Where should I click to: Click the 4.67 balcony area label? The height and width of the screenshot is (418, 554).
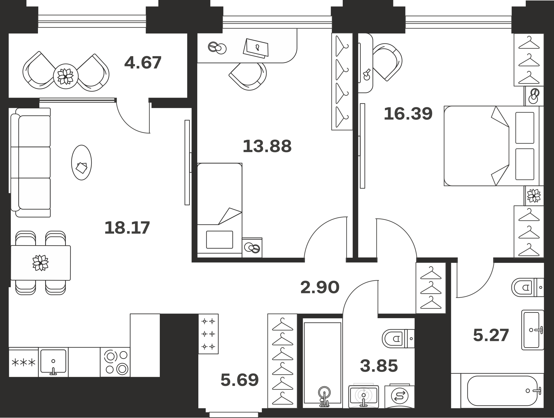point(143,63)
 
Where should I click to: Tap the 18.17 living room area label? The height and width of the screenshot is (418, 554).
point(127,228)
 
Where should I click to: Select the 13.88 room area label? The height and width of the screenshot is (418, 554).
point(267,146)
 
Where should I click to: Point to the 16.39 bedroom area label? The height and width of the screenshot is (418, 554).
point(408,114)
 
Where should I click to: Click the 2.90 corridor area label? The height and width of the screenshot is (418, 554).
point(320,287)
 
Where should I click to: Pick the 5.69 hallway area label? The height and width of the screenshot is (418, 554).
point(240,380)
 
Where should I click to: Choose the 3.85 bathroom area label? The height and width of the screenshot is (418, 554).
point(379,365)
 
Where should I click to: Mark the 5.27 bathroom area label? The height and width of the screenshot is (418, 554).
point(491,335)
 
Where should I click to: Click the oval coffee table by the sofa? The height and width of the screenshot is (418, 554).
point(81,163)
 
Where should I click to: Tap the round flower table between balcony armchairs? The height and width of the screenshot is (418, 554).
point(66,76)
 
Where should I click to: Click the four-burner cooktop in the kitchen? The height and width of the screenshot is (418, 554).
point(115,362)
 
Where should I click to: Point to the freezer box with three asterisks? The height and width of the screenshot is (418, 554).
point(24,362)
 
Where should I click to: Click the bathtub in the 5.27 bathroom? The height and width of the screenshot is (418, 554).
point(502,391)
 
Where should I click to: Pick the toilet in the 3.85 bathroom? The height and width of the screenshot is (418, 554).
point(398,338)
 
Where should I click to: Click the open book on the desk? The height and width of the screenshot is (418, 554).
point(256,48)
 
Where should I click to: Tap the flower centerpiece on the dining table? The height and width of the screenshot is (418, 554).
point(40,263)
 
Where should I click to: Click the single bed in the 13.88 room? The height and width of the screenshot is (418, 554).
point(220,210)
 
